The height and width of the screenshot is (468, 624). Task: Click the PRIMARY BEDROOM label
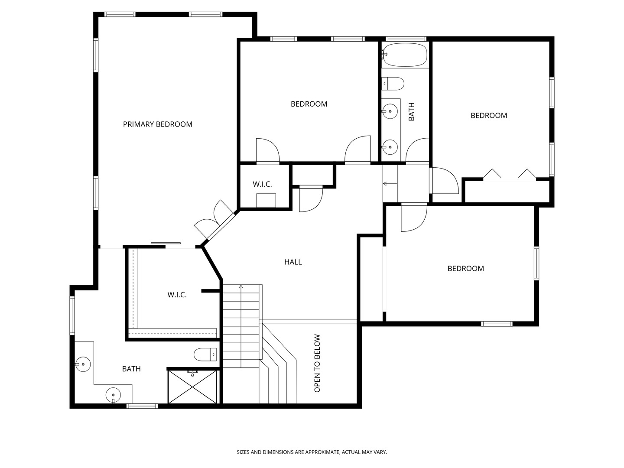point(157,124)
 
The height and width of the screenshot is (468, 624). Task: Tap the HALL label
point(293,262)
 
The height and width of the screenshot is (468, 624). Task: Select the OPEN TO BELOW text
point(317,363)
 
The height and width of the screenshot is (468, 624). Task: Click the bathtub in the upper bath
point(405,55)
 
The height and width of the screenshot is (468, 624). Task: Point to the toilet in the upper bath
point(393,83)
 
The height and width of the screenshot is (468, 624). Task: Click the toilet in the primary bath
point(205,354)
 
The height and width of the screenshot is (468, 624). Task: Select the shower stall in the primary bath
point(193,387)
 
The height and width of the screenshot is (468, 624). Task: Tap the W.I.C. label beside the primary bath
point(177,295)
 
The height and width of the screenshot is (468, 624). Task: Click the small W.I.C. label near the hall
point(262,184)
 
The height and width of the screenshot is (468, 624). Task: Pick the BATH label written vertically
point(412,111)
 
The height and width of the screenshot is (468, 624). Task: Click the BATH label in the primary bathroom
point(131,369)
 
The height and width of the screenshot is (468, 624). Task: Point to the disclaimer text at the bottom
point(312,452)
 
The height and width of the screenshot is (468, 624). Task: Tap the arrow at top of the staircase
point(241,287)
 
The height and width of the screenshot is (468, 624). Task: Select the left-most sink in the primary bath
point(82,364)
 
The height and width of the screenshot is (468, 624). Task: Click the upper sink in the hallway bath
point(390,111)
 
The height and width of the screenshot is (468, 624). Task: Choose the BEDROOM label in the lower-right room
point(465,269)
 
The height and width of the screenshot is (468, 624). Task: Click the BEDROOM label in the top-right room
point(488,116)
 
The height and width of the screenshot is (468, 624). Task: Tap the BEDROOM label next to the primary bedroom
point(309,104)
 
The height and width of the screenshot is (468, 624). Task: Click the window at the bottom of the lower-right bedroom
point(497,323)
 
